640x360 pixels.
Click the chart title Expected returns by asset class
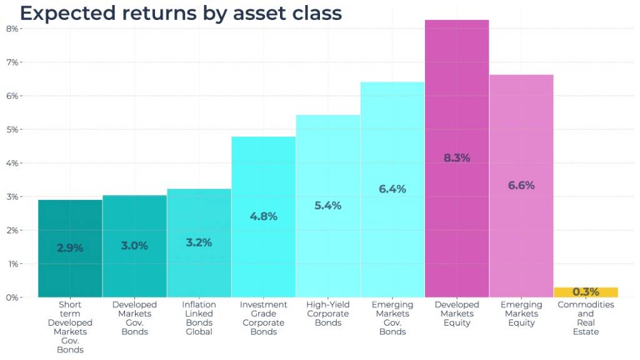click(181, 13)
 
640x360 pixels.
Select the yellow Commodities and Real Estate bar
click(586, 292)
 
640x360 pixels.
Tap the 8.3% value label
click(457, 158)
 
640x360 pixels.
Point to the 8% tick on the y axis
click(12, 29)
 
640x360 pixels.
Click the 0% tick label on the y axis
click(12, 297)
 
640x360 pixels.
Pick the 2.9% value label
click(70, 247)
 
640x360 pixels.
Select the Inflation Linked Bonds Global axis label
click(199, 318)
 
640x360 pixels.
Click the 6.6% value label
click(521, 185)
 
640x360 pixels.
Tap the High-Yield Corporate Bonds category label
click(327, 314)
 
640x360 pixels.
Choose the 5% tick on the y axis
click(12, 129)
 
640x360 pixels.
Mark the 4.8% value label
click(263, 216)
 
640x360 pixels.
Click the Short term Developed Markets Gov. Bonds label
click(70, 327)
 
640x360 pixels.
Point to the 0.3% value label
click(586, 292)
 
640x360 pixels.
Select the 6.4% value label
click(392, 189)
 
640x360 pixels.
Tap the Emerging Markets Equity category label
click(521, 314)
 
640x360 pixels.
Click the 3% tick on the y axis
click(12, 197)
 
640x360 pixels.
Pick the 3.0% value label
click(134, 246)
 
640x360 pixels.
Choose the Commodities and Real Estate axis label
click(586, 318)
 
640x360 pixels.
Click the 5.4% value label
click(327, 205)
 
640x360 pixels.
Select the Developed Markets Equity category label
click(457, 314)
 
